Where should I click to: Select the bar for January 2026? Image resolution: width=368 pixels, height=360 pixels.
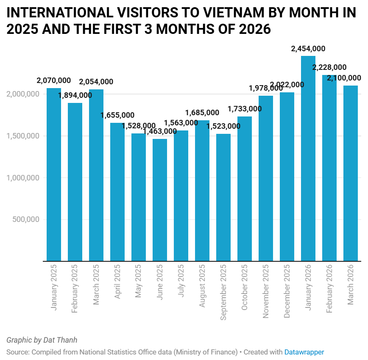tap(308, 159)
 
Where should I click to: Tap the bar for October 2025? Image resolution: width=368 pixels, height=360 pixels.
tap(245, 188)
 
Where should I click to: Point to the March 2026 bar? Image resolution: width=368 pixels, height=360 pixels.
tap(351, 173)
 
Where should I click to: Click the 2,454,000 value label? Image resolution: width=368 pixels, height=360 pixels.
tap(308, 49)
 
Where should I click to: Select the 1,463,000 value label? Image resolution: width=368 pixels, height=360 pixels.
tap(160, 131)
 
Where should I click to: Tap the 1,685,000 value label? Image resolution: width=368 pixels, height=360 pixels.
tap(202, 113)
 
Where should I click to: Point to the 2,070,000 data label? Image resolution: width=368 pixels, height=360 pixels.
tap(54, 80)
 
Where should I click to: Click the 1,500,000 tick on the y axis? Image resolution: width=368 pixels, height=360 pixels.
tap(23, 136)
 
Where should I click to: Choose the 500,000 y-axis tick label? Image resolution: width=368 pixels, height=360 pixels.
tap(26, 219)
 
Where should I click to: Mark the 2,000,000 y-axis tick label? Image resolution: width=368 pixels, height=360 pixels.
tap(23, 94)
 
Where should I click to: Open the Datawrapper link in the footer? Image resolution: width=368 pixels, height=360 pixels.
tap(304, 352)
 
